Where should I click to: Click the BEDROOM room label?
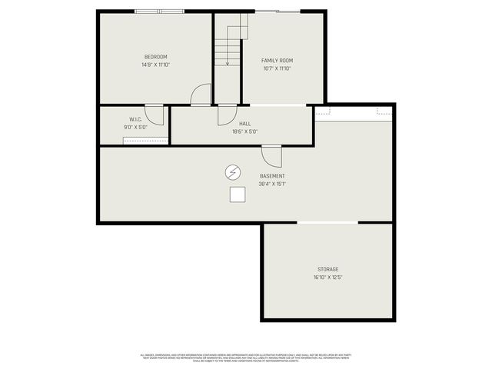pyautogui.click(x=155, y=57)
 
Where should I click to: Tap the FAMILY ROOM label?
pyautogui.click(x=277, y=61)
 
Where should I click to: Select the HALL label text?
pyautogui.click(x=244, y=123)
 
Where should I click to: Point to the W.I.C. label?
pyautogui.click(x=135, y=119)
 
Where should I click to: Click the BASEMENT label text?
pyautogui.click(x=272, y=176)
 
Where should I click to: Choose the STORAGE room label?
pyautogui.click(x=327, y=269)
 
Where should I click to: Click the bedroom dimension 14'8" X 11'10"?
pyautogui.click(x=155, y=65)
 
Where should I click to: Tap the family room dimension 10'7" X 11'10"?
pyautogui.click(x=277, y=68)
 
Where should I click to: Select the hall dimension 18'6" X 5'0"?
pyautogui.click(x=244, y=131)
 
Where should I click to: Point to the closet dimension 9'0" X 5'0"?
pyautogui.click(x=135, y=127)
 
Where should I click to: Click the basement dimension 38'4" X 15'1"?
pyautogui.click(x=272, y=184)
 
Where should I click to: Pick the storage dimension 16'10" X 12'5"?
pyautogui.click(x=327, y=278)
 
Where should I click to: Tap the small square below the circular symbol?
pyautogui.click(x=237, y=195)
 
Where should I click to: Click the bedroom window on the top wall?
pyautogui.click(x=159, y=11)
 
